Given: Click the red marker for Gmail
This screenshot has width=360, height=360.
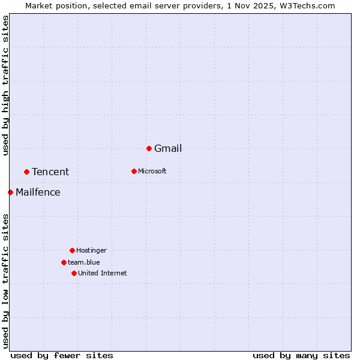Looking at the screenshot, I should coord(149,148).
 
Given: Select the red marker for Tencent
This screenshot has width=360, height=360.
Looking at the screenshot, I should coord(26,172).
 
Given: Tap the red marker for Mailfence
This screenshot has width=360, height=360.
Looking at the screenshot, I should coord(10,192).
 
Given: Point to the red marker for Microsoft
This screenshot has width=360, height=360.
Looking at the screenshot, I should coord(134,171).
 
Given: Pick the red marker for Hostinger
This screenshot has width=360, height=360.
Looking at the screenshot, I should coord(72,250).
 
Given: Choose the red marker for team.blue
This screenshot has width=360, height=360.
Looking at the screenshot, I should coord(64,262).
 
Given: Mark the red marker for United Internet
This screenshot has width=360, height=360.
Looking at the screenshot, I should coord(74,273).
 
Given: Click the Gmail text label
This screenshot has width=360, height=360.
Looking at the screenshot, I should coord(168,149).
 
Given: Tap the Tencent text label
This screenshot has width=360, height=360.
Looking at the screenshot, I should coord(50,172).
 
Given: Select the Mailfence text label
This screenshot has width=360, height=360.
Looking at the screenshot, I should coord(38,193).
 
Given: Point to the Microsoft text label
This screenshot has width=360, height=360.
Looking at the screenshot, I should coord(152,172).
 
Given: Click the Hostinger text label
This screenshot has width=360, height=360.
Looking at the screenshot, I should coord(91,251).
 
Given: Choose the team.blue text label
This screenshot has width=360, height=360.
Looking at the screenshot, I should coord(84,263).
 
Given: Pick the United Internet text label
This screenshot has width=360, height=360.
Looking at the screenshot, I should coord(103,274).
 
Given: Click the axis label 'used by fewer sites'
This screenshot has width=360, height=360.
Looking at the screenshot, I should coord(62,355).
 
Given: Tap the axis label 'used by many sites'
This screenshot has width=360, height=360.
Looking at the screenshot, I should coord(301,355).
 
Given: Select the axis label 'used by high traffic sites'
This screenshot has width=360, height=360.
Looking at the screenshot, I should coord(5,85).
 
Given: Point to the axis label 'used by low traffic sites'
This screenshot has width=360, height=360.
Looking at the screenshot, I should coord(5,281).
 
